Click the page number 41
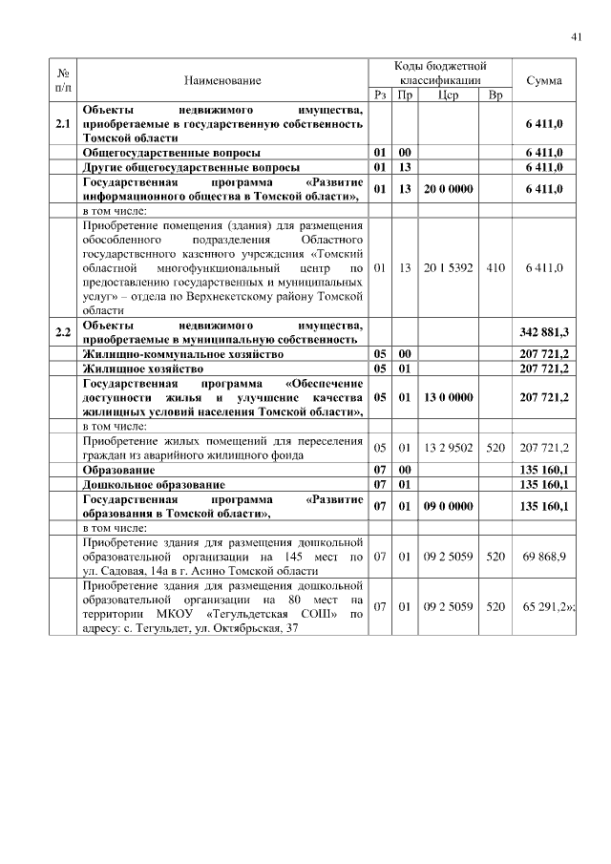[576, 36]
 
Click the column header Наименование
[222, 81]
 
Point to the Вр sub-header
[495, 95]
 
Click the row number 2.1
[63, 124]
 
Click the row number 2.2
[63, 332]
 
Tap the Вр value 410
[495, 268]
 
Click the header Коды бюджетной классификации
[440, 74]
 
